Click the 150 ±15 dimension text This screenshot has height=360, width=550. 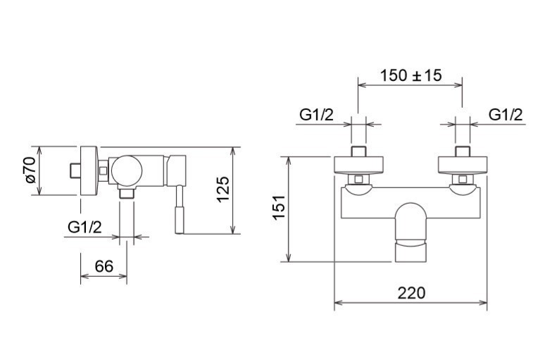[411, 75]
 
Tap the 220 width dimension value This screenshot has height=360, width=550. [411, 292]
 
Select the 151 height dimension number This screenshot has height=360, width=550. [280, 208]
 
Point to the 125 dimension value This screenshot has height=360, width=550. [223, 190]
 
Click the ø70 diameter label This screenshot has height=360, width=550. [30, 170]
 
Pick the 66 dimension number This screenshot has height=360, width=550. [104, 266]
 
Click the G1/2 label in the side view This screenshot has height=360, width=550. [85, 227]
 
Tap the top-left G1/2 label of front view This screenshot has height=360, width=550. [316, 115]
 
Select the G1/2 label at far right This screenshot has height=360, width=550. [506, 115]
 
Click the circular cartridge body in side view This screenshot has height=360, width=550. [127, 171]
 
